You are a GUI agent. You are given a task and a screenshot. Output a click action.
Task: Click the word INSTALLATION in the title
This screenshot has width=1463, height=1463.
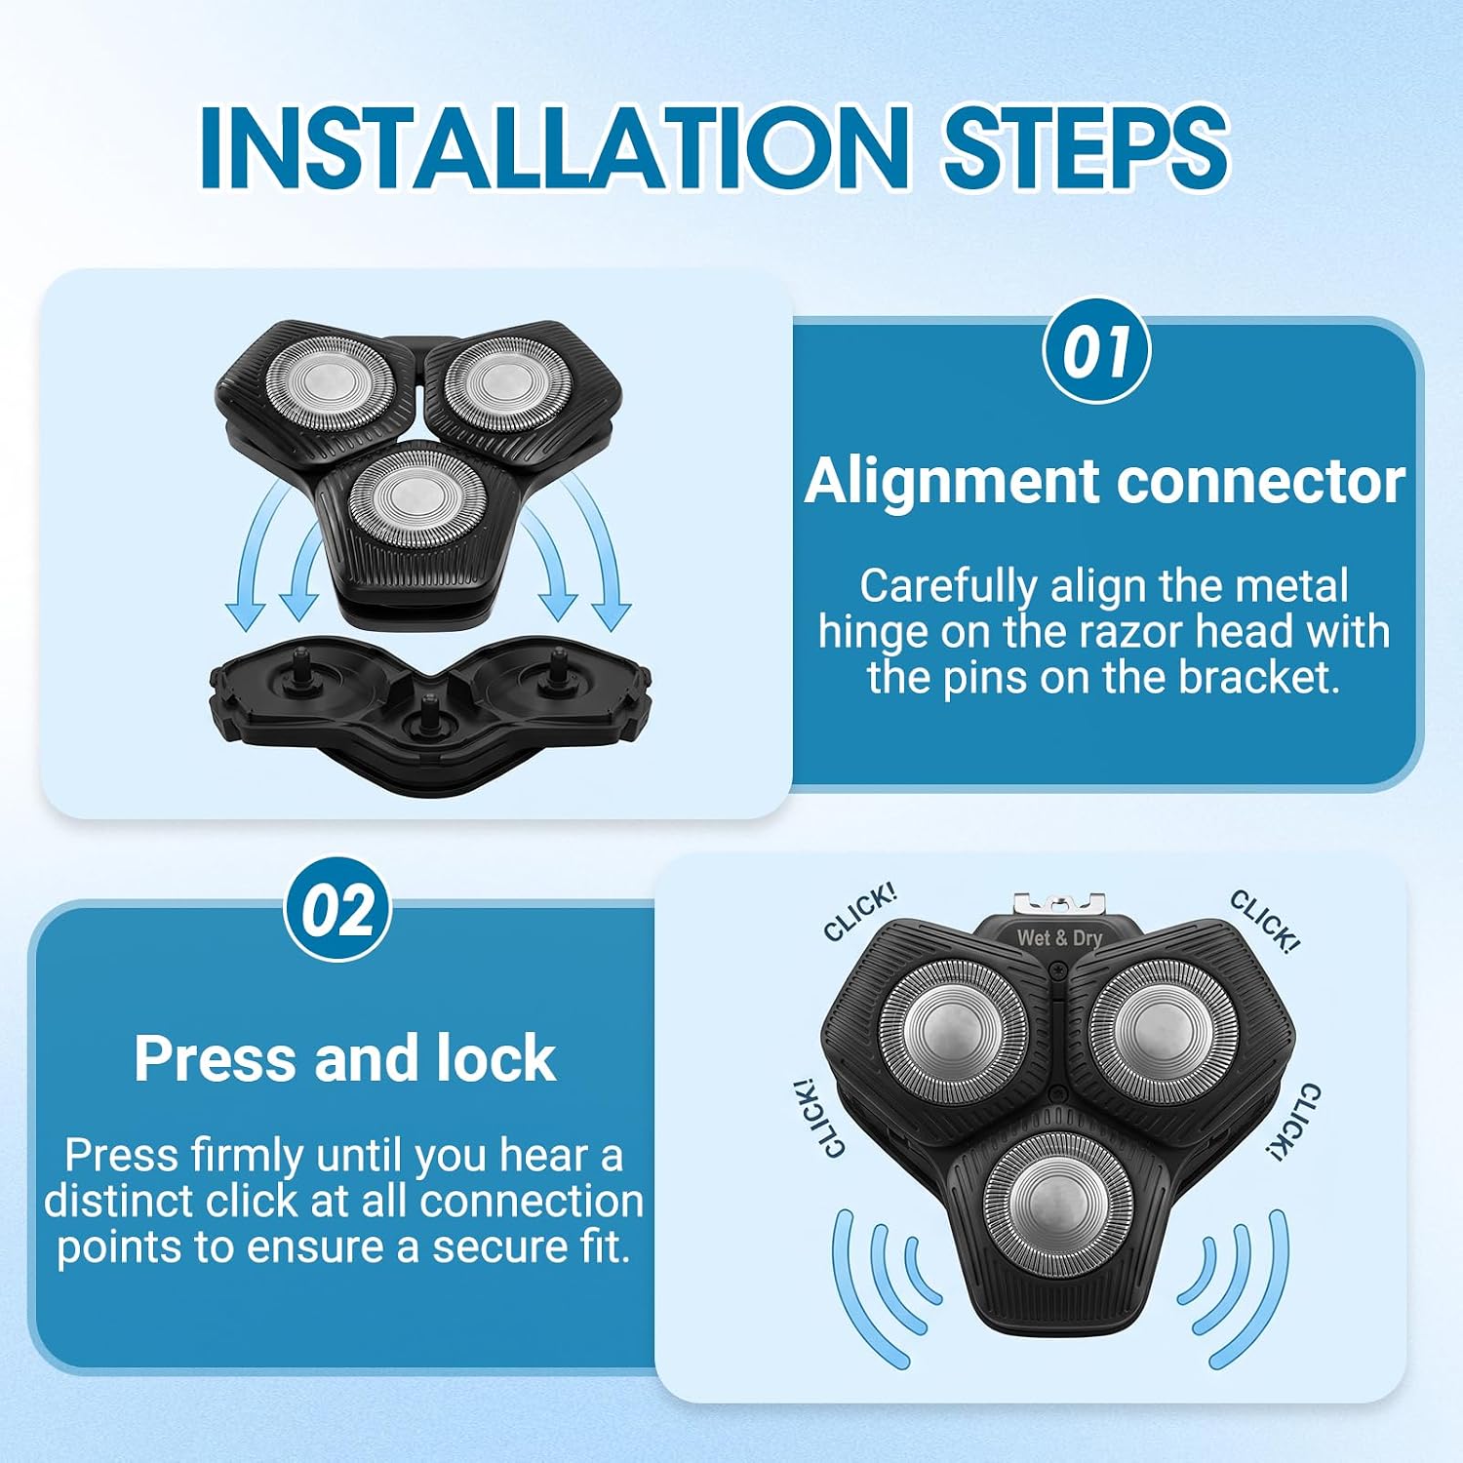pos(554,146)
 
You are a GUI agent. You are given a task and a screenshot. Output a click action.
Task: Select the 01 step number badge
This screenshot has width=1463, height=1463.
pos(1096,351)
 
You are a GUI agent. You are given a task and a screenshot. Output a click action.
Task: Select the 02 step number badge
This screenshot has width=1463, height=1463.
pos(337,910)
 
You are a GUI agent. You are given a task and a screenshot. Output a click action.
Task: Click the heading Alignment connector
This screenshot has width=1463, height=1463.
pos(1104,481)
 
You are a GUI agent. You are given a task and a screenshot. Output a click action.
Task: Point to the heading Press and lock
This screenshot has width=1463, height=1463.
pos(344,1058)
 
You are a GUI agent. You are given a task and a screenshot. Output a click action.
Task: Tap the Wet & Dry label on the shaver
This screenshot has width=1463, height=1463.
pos(1059,938)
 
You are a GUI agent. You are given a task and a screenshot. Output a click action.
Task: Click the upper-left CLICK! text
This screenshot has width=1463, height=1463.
pos(859,913)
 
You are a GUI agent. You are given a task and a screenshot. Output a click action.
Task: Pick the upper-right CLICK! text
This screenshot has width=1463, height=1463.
pos(1264,921)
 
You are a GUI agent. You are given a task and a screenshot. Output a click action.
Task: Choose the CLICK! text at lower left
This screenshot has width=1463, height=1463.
pos(818,1118)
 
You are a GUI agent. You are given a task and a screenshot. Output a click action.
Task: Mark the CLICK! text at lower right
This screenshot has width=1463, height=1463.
pos(1294,1122)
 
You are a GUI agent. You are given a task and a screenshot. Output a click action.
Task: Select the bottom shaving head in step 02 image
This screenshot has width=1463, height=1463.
pos(1057,1203)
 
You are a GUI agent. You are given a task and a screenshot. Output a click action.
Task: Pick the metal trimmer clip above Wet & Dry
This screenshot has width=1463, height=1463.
pos(1059,904)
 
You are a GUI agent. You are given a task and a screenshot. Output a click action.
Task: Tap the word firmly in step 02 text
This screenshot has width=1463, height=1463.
pos(247,1157)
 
